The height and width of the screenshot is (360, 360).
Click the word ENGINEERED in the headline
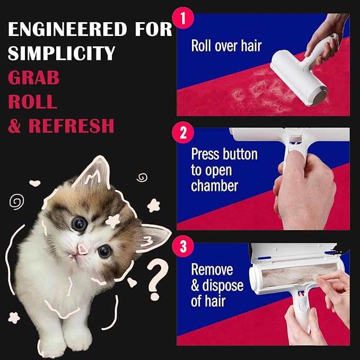[x=67, y=29]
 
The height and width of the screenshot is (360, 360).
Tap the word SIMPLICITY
[x=62, y=53]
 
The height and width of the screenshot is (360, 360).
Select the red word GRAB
[x=34, y=77]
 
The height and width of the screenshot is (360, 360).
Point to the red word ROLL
[x=32, y=101]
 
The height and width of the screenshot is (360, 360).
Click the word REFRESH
[x=71, y=126]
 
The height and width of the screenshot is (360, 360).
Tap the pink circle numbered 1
[x=183, y=18]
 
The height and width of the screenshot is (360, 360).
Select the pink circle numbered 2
[x=183, y=133]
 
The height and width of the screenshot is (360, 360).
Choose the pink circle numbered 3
[x=183, y=247]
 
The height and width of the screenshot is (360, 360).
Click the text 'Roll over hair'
[x=226, y=46]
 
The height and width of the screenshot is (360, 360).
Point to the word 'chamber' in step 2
[x=214, y=186]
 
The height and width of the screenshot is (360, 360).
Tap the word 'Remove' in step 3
[x=212, y=269]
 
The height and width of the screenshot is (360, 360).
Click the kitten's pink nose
[x=82, y=249]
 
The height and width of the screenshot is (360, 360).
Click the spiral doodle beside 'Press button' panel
[x=142, y=178]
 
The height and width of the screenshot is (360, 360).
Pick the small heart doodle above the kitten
[x=34, y=183]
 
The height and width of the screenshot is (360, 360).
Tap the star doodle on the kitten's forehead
[x=112, y=221]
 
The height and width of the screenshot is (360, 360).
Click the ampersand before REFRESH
[x=14, y=126]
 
